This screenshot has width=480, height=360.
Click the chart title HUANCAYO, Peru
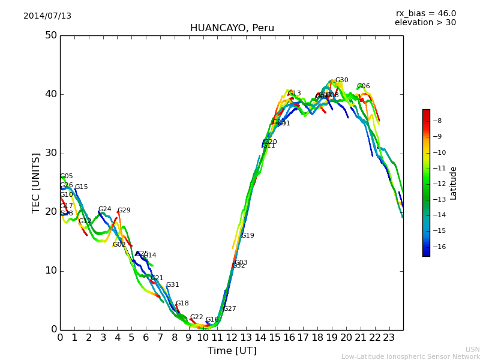[x=232, y=28]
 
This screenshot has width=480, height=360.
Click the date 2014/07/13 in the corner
[x=47, y=16]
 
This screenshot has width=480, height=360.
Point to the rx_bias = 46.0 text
[x=425, y=14]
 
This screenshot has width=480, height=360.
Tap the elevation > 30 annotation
[x=425, y=23]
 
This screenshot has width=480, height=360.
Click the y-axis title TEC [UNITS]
[x=37, y=182]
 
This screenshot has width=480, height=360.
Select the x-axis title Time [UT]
[x=232, y=351]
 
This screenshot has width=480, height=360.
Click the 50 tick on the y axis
[x=50, y=35]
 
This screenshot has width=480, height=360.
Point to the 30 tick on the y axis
[x=50, y=153]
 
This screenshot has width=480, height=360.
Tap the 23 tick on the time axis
[x=389, y=337]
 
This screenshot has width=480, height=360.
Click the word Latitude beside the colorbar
[x=454, y=183]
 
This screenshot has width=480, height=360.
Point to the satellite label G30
[x=341, y=80]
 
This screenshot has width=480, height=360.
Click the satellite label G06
[x=363, y=86]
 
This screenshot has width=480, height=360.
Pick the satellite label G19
[x=247, y=236]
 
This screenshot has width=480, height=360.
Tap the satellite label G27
[x=229, y=309]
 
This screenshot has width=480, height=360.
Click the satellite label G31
[x=172, y=285]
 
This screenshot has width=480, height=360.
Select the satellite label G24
[x=104, y=209]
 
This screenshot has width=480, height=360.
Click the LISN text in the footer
[x=472, y=349]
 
